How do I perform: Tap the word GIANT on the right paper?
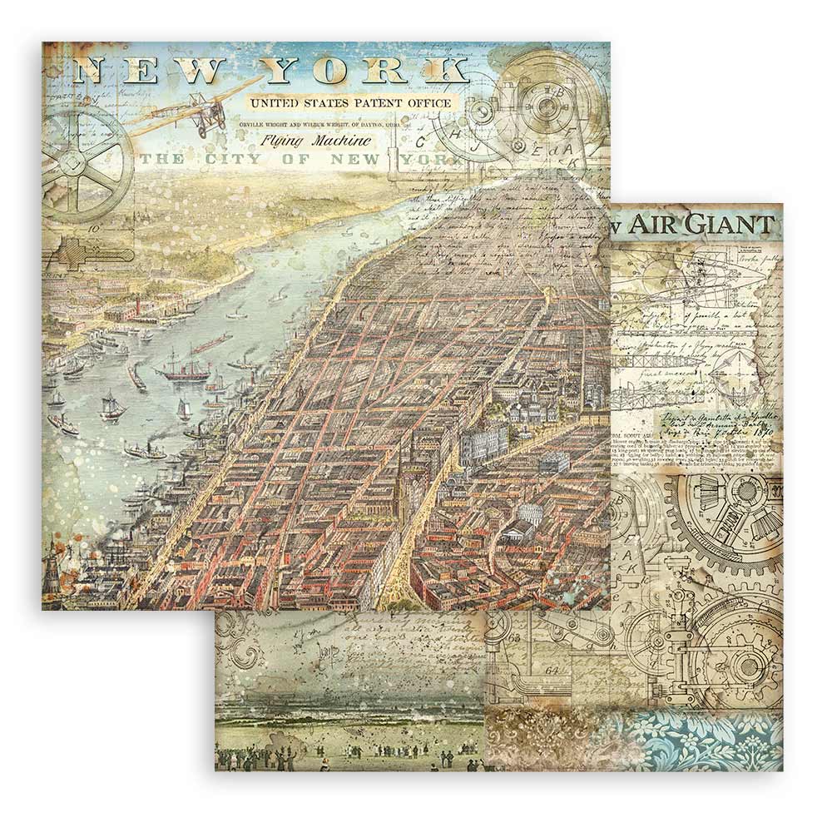(735, 225)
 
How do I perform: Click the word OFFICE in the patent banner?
(424, 103)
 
